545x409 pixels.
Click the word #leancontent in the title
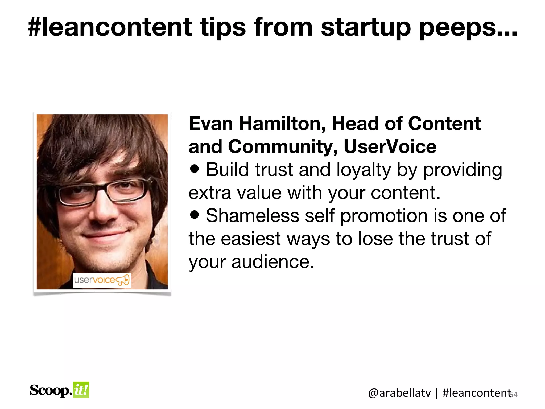tap(110, 27)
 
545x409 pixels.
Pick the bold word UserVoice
tap(390, 147)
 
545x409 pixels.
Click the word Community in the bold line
tap(282, 147)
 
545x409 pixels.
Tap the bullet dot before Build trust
tap(195, 169)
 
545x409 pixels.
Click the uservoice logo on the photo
tap(102, 280)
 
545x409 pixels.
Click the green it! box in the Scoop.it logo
tap(81, 390)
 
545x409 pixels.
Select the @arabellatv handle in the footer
tap(399, 393)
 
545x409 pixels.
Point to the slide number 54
tap(514, 395)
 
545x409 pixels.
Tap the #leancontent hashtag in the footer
tap(477, 393)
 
